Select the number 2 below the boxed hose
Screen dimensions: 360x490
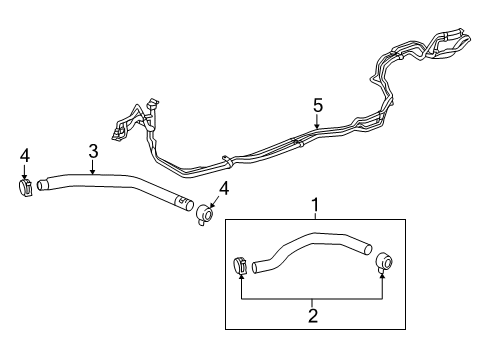coord(312,315)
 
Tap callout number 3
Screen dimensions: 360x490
coord(93,151)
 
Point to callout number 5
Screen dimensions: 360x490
coord(317,104)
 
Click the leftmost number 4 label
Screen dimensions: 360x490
coord(25,156)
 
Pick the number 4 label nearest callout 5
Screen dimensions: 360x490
coord(223,187)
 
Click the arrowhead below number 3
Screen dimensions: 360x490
coord(93,172)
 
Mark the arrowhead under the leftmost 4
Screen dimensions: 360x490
coord(25,175)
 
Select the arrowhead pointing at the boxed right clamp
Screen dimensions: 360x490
coord(383,277)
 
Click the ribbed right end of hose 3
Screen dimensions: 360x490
coord(185,205)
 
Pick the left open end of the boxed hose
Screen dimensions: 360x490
coord(257,266)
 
